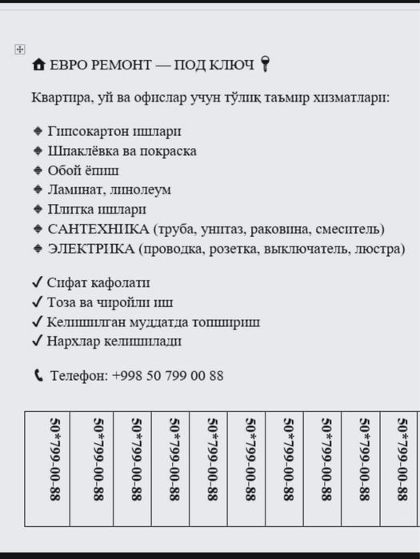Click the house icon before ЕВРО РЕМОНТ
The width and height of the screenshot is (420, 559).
[x=38, y=66]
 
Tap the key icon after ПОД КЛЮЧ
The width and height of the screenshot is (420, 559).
[x=266, y=65]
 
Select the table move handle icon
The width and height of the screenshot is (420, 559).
[x=20, y=50]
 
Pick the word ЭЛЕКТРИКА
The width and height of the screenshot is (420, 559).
[x=91, y=249]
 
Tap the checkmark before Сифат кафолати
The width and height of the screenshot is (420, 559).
[x=37, y=283]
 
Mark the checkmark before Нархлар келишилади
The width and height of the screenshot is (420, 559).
[x=37, y=341]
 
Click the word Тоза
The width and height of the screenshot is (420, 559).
[x=63, y=303]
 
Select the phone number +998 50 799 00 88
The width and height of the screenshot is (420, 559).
[x=168, y=376]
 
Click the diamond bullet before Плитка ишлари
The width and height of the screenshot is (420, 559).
[x=38, y=210]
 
